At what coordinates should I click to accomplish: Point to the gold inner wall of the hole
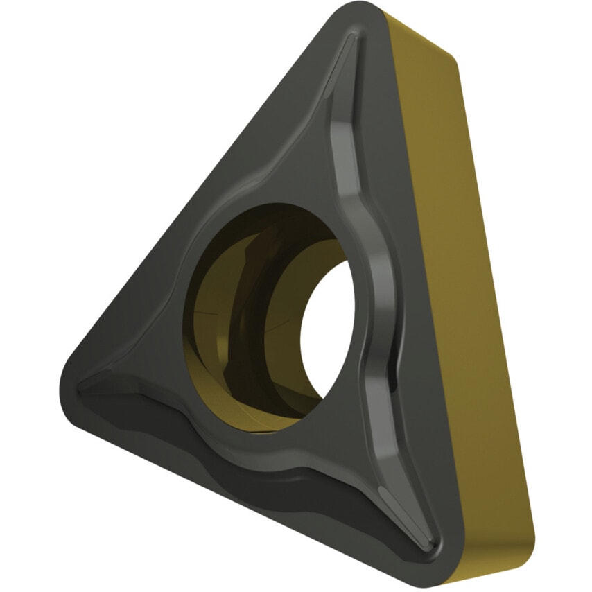pyautogui.click(x=208, y=312)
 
